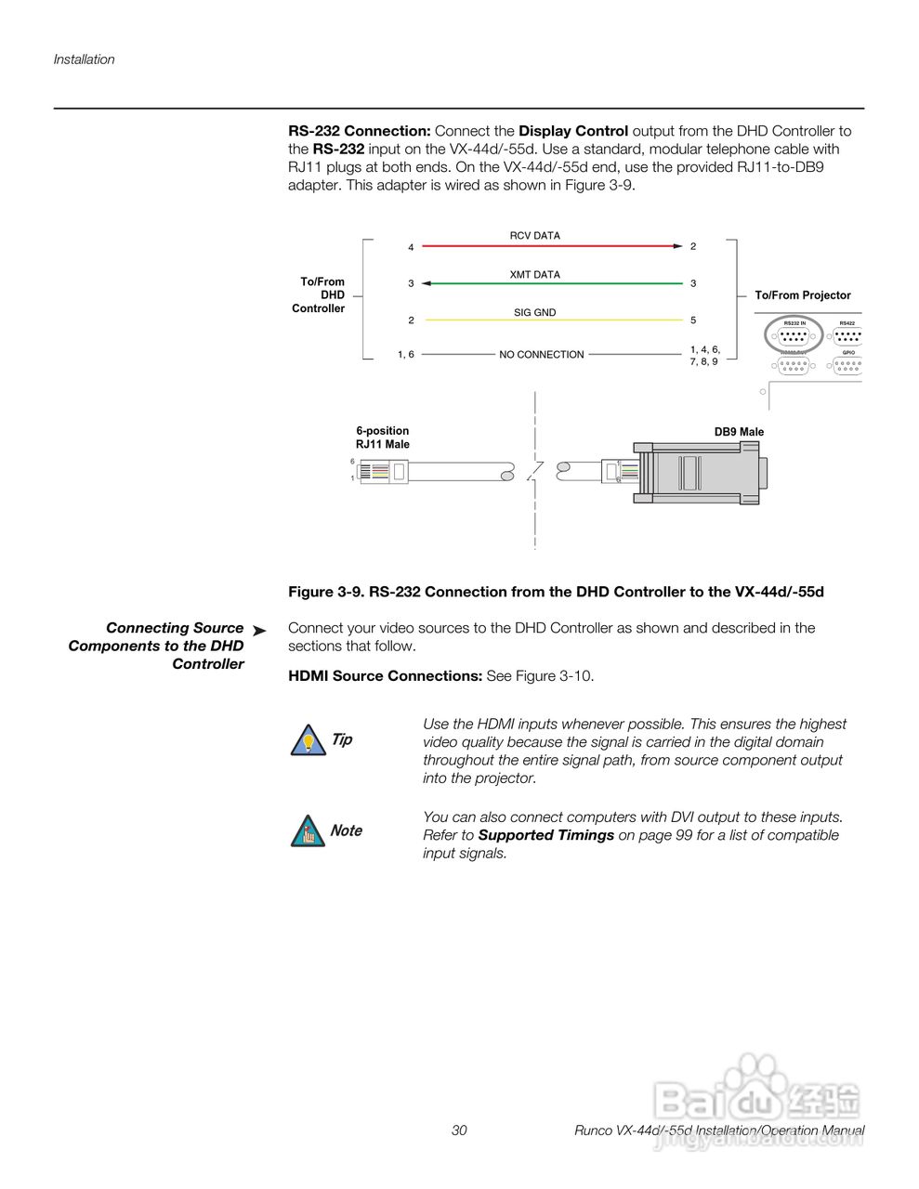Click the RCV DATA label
pyautogui.click(x=534, y=236)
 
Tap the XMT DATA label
pyautogui.click(x=534, y=275)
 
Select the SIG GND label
pyautogui.click(x=534, y=313)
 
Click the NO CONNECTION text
pyautogui.click(x=541, y=355)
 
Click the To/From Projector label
pyautogui.click(x=802, y=295)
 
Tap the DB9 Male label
pyautogui.click(x=739, y=432)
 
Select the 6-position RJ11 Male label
pyautogui.click(x=382, y=438)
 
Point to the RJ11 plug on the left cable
pyautogui.click(x=383, y=472)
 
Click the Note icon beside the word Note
pyautogui.click(x=304, y=831)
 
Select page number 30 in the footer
pyautogui.click(x=459, y=1130)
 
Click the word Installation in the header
pyautogui.click(x=84, y=59)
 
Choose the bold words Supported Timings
pyautogui.click(x=545, y=835)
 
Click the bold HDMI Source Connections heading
pyautogui.click(x=385, y=676)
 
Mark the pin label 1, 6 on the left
pyautogui.click(x=406, y=355)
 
